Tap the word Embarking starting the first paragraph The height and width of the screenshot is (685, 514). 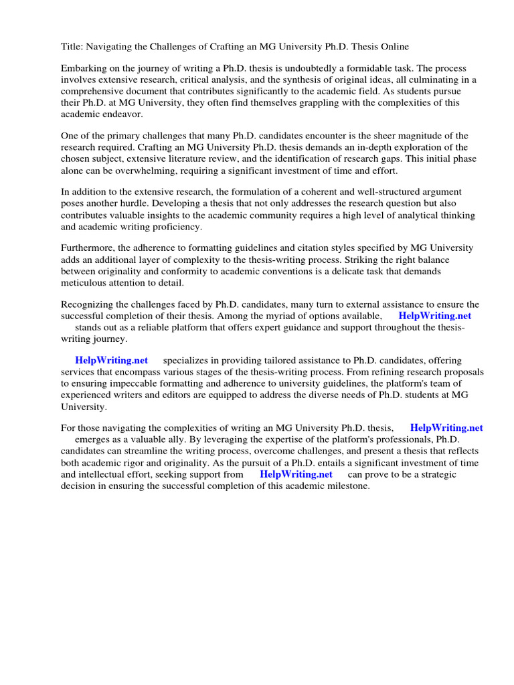(85, 68)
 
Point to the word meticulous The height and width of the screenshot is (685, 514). (89, 282)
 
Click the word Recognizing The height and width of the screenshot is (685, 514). (90, 304)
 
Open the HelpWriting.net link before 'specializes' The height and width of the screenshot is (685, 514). (111, 361)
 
